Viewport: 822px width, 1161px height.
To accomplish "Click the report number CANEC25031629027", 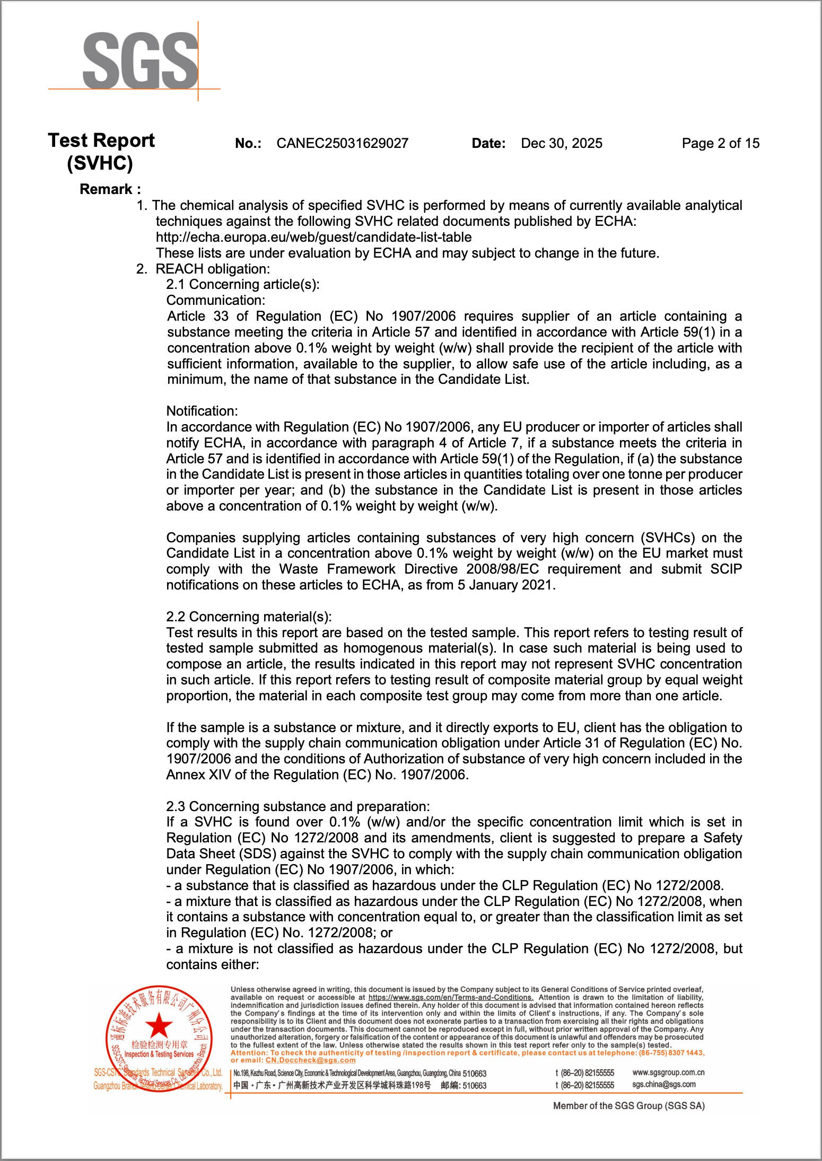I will click(343, 143).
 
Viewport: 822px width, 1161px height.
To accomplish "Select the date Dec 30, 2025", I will click(562, 143).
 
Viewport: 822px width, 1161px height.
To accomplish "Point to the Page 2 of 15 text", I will click(720, 143).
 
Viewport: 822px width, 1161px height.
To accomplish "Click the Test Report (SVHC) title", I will click(101, 152).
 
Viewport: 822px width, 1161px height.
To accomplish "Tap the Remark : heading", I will click(110, 189).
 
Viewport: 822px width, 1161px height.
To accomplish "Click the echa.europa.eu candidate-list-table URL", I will click(313, 237).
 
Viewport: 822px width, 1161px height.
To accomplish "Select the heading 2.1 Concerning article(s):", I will click(243, 285).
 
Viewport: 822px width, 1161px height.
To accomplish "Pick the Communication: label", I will click(216, 300).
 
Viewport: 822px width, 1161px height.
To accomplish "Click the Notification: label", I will click(202, 411).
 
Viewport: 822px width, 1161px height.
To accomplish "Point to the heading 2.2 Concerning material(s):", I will click(249, 617).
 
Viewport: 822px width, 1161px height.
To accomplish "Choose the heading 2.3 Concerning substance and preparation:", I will click(298, 806).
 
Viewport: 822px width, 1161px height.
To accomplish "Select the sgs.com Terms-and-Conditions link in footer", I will click(451, 997).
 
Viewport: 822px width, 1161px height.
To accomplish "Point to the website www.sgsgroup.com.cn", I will click(668, 1072).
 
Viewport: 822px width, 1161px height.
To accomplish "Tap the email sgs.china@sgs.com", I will click(663, 1084).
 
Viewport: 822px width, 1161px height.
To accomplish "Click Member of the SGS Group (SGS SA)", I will click(628, 1106).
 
